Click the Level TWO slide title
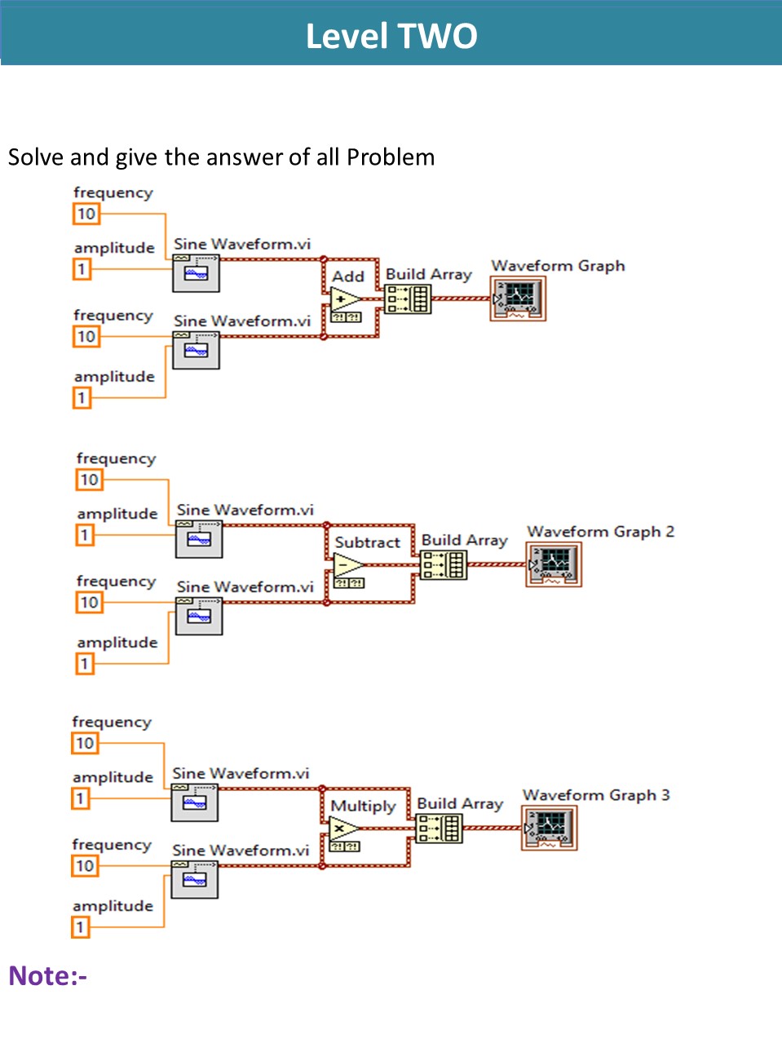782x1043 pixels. point(391,36)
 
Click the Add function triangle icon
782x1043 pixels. point(345,299)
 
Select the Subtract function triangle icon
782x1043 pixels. point(348,565)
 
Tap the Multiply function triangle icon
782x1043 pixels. point(343,829)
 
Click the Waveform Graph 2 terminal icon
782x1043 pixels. point(554,563)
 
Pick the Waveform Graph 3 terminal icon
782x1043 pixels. point(550,828)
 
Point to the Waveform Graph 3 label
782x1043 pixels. point(596,795)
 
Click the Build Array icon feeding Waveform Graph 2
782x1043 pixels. point(444,564)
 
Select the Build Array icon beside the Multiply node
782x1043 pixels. point(439,829)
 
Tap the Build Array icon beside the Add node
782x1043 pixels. point(408,299)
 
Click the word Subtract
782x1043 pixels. point(368,542)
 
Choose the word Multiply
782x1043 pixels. point(363,807)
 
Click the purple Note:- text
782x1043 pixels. point(47,975)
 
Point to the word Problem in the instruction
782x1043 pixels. point(391,157)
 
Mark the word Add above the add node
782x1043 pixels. point(348,276)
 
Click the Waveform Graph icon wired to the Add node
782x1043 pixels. point(519,298)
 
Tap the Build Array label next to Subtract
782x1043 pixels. point(464,540)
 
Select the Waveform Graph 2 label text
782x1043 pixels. point(600,532)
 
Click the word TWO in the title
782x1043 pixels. point(437,36)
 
